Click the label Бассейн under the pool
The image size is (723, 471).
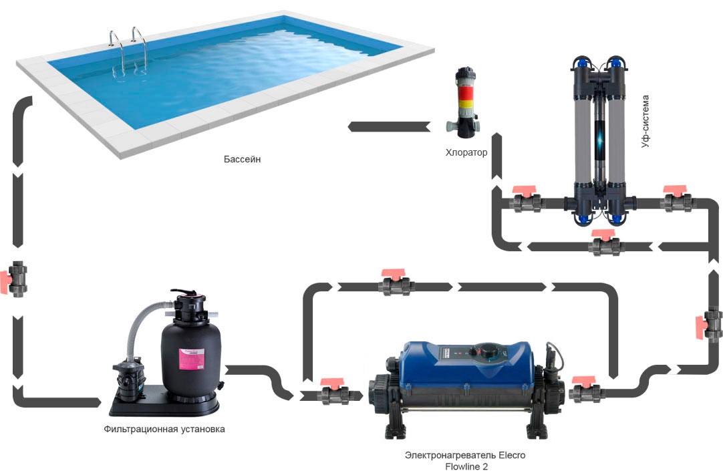tap(241, 160)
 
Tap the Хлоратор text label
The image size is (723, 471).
tap(466, 153)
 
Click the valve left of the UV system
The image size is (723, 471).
tap(527, 200)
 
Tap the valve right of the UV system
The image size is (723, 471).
tap(678, 200)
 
